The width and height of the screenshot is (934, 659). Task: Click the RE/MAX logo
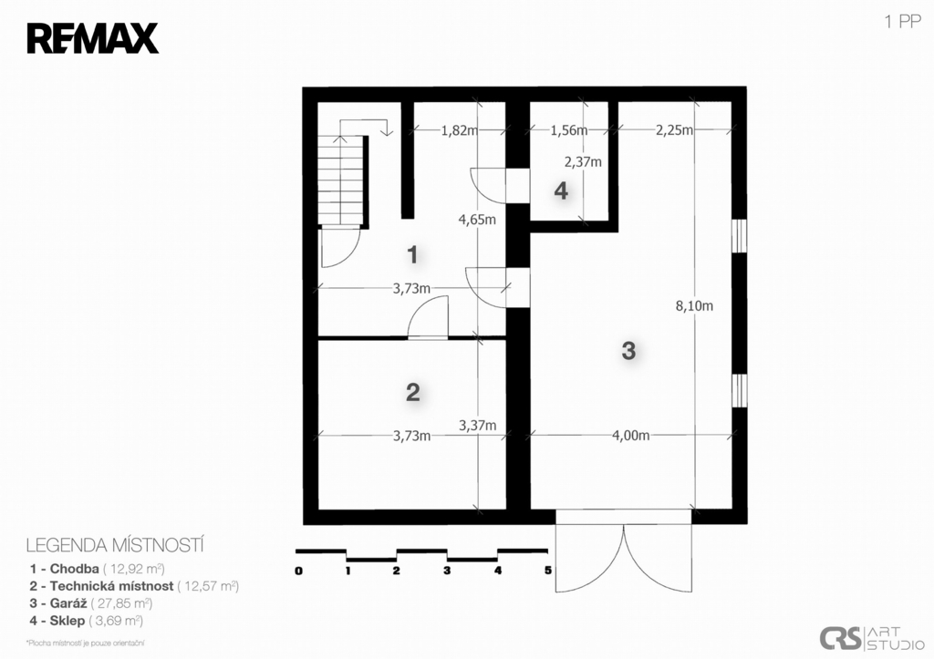pos(92,38)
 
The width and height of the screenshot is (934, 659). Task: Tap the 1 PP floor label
pos(902,22)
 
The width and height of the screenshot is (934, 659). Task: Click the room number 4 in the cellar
pos(561,191)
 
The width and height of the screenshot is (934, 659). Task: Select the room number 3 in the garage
pos(628,351)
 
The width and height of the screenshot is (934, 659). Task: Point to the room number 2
pos(413,392)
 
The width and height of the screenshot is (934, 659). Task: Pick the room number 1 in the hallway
pos(412,255)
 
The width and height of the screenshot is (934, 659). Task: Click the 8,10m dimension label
pos(694,306)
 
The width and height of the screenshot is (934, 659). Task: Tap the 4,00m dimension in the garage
pos(631,436)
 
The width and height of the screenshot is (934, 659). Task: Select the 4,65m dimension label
pos(477,220)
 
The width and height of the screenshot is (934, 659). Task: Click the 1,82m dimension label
pos(460,130)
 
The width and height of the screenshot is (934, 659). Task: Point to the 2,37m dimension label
pos(583,161)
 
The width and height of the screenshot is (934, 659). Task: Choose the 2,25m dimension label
pos(675,130)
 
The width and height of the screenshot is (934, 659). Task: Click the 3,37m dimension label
pos(477,426)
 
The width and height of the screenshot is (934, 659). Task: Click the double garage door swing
pos(624,559)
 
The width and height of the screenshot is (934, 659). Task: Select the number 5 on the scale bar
pos(547,571)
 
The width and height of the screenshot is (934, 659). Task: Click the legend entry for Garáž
pos(91,603)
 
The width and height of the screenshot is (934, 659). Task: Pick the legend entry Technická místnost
pos(134,586)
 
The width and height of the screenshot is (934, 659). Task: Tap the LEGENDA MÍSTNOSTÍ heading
pos(115,545)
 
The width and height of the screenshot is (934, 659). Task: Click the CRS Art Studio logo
pos(871,637)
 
